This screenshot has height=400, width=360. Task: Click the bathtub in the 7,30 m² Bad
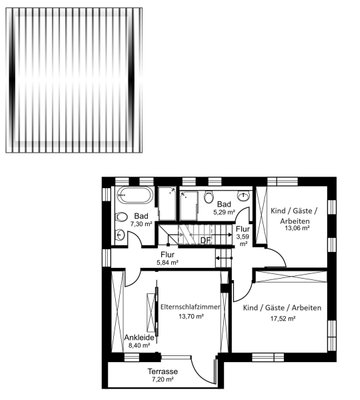click(x=136, y=195)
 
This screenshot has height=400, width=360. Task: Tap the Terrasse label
click(x=163, y=371)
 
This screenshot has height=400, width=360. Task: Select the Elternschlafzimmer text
click(x=190, y=307)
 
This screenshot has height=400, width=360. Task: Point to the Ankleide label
click(x=139, y=338)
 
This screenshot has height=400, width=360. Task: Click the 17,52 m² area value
click(x=283, y=319)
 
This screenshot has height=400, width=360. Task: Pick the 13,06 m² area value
click(x=297, y=228)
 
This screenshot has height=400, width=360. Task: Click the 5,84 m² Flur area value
click(x=167, y=263)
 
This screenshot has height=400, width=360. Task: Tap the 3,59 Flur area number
click(x=242, y=237)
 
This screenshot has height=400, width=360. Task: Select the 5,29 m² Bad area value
click(x=224, y=212)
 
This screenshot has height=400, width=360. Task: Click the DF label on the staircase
click(x=206, y=240)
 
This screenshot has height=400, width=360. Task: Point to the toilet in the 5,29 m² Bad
click(x=209, y=197)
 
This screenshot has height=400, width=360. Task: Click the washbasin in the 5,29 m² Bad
click(x=244, y=196)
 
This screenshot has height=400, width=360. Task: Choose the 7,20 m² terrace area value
click(x=163, y=379)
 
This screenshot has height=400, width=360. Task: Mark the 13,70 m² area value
click(x=191, y=317)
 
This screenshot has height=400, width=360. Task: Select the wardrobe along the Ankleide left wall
click(x=117, y=312)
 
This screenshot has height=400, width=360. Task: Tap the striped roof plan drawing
click(x=74, y=80)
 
